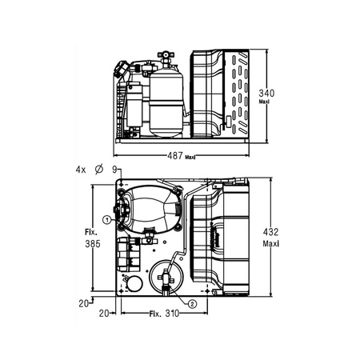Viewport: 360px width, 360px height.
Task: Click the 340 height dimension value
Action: pyautogui.click(x=266, y=93)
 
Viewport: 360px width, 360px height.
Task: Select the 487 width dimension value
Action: pyautogui.click(x=175, y=155)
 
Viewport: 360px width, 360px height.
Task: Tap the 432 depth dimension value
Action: pyautogui.click(x=270, y=232)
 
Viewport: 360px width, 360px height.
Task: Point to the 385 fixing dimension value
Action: pyautogui.click(x=93, y=244)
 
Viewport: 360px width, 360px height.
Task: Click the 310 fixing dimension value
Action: pyautogui.click(x=172, y=314)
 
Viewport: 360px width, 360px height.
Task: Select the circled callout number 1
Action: pyautogui.click(x=107, y=220)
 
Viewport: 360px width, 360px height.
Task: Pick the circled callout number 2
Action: pyautogui.click(x=192, y=304)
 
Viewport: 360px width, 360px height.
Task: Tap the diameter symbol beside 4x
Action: pyautogui.click(x=99, y=170)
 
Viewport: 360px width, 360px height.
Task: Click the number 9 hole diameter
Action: pyautogui.click(x=114, y=170)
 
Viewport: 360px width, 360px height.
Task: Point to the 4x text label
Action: pyautogui.click(x=81, y=170)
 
